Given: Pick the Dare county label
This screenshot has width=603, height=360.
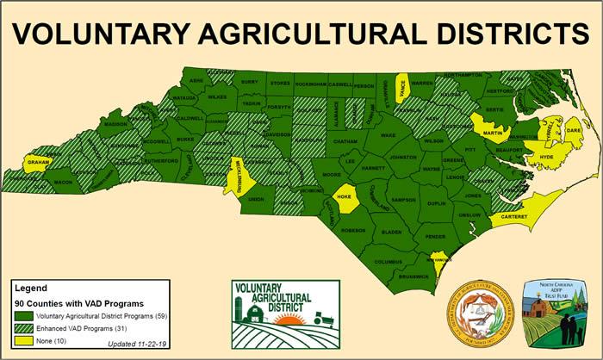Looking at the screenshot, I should [575, 130].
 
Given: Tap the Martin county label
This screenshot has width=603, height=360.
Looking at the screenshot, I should [493, 133].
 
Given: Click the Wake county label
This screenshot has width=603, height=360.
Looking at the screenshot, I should [388, 136].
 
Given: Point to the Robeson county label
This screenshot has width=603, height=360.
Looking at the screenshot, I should [329, 230].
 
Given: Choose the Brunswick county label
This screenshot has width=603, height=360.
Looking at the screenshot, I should [413, 276].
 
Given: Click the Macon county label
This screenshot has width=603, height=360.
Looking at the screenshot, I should [63, 183].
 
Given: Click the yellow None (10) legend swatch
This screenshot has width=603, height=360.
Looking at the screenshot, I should [22, 342].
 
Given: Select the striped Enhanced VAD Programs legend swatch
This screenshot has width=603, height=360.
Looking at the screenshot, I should [22, 330].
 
